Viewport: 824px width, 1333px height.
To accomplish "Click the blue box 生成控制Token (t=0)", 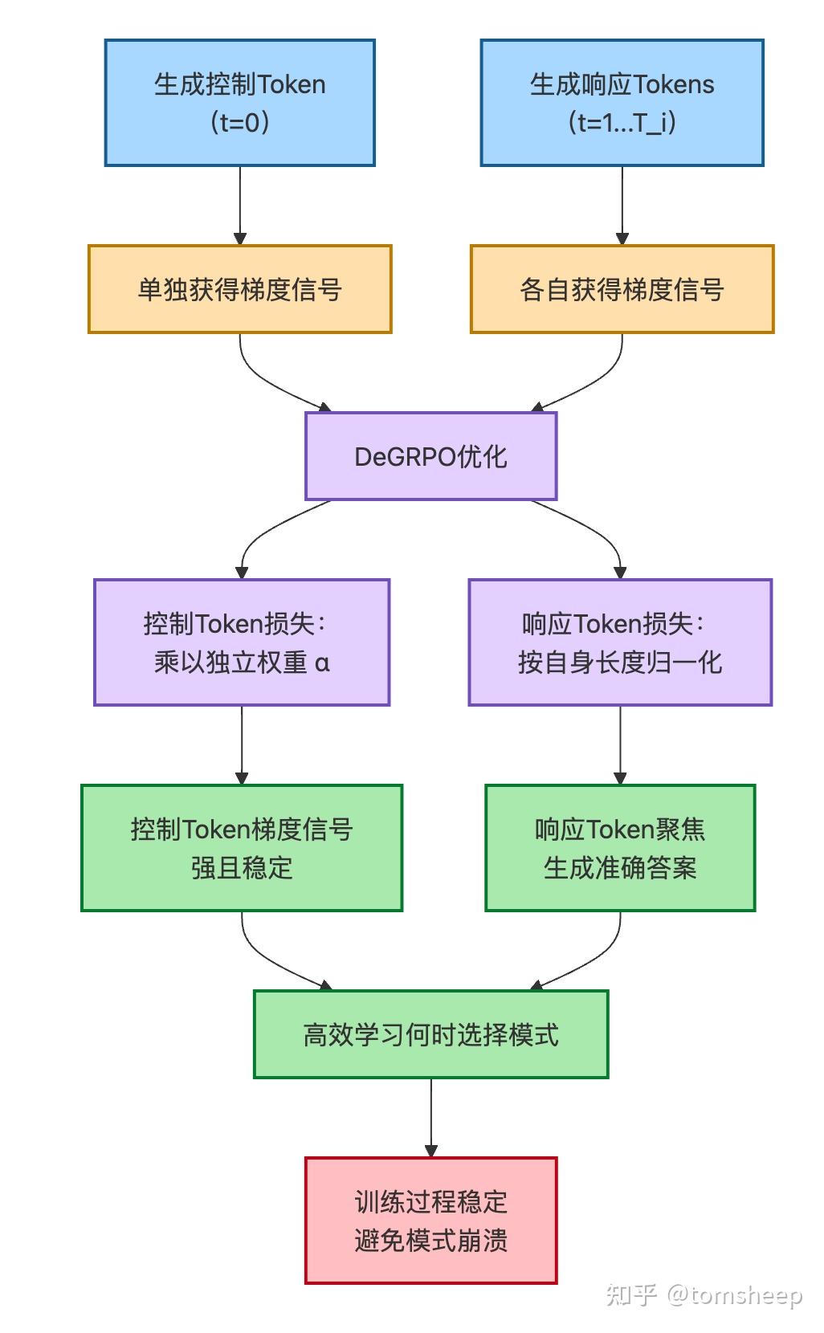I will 239,103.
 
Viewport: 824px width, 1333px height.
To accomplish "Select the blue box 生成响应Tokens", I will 622,103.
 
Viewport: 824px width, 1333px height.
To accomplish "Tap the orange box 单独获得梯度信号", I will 239,289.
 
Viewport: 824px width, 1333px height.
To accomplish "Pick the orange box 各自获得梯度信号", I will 622,289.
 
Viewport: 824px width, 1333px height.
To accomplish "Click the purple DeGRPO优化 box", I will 430,456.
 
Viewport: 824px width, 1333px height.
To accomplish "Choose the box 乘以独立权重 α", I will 241,642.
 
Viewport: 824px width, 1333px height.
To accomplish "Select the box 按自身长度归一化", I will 620,642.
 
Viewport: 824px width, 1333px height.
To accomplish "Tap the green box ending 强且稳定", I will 241,848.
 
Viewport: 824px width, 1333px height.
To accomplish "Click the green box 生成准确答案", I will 620,848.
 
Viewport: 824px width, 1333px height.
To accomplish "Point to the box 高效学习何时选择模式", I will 430,1034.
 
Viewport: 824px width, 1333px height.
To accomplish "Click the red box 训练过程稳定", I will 430,1221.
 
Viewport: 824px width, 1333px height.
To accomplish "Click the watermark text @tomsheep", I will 733,1294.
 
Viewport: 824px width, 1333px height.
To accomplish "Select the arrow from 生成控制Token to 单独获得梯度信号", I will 239,206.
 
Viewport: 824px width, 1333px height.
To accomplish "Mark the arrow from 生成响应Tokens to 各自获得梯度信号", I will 622,206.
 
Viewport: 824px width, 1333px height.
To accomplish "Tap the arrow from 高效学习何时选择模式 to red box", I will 430,1116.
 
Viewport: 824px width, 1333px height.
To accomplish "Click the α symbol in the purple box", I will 322,663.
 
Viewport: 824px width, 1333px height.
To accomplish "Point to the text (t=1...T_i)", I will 622,122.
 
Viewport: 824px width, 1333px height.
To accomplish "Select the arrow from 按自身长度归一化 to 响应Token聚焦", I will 620,745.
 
